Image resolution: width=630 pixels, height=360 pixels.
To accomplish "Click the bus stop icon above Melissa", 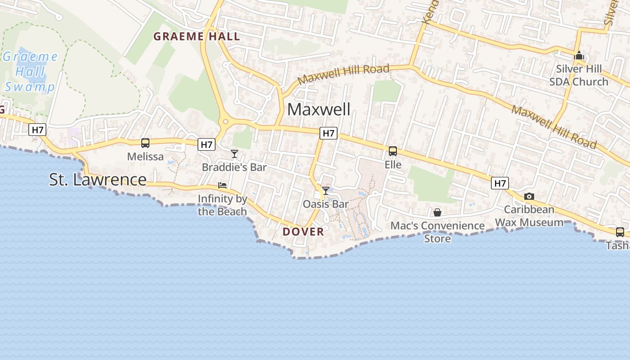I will tap(145, 143).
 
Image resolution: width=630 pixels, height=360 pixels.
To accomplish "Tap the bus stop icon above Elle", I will tap(393, 151).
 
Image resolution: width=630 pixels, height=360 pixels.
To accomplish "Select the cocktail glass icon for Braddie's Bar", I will tap(234, 154).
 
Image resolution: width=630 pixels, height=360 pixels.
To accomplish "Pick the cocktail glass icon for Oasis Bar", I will tap(326, 191).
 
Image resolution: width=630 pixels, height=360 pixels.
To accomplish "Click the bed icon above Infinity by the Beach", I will tap(222, 185).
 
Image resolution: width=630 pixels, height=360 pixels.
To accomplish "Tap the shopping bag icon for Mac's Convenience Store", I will tap(437, 212).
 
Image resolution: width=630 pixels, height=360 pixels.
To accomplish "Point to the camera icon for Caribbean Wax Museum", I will tap(529, 197).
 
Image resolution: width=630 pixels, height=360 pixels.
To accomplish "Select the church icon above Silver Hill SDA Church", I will tap(579, 56).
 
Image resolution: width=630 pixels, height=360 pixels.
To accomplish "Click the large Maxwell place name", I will tap(319, 109).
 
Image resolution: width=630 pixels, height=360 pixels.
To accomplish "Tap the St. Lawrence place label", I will tap(98, 180).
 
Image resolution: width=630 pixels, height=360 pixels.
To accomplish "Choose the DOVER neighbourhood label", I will tap(303, 232).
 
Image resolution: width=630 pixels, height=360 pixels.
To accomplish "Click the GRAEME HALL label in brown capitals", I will tap(197, 37).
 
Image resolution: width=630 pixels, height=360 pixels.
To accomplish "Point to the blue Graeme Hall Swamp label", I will tap(30, 72).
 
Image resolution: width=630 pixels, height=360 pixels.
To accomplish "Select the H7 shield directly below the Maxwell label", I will tap(328, 133).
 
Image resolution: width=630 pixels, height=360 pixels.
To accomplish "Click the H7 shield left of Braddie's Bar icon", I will tap(207, 144).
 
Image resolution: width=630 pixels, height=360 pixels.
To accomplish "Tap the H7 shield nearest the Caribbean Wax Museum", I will tap(500, 183).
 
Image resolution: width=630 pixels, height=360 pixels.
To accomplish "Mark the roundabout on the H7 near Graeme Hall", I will tap(225, 121).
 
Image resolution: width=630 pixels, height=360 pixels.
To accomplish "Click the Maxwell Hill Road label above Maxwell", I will tap(343, 74).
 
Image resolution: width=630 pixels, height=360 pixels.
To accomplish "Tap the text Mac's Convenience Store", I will tap(437, 232).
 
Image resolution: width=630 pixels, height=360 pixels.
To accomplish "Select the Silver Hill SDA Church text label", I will tap(579, 76).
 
